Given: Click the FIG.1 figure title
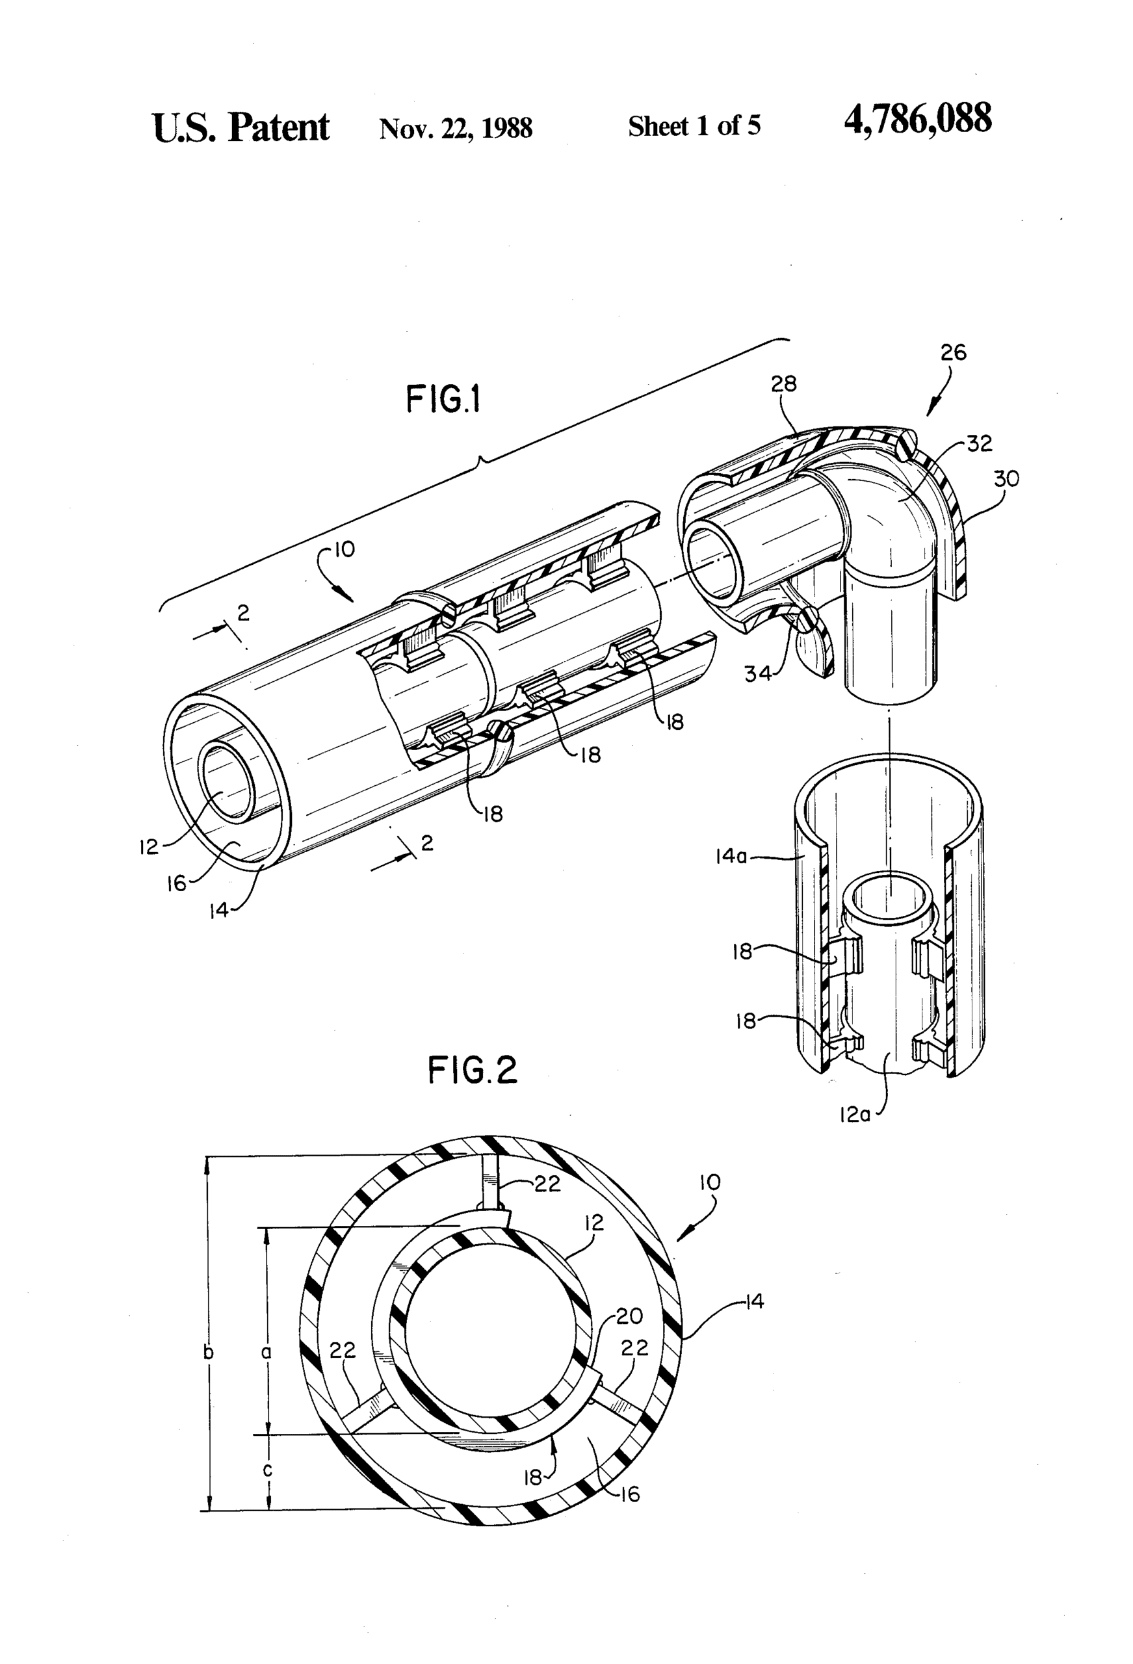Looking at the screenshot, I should [x=443, y=400].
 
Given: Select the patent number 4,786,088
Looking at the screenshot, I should [x=917, y=120].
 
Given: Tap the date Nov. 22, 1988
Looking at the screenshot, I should [x=456, y=128].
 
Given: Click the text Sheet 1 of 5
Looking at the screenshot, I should [x=694, y=126].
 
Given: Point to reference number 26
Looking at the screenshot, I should [x=952, y=352].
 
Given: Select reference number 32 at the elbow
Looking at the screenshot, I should [x=979, y=444].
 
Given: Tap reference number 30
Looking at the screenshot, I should [x=1006, y=478].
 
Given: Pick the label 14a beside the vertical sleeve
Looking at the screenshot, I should [x=731, y=855].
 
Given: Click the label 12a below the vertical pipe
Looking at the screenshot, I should [x=854, y=1115].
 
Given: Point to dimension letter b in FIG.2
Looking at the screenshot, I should [x=209, y=1352].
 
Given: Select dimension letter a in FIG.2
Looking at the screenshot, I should [x=267, y=1352].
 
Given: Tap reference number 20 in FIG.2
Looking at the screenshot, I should [x=629, y=1316].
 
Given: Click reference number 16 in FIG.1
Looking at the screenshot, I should [x=176, y=883].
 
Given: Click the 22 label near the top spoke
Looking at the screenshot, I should [x=547, y=1184].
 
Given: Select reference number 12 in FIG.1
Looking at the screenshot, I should [x=148, y=847].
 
